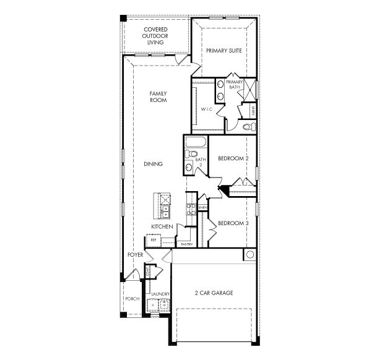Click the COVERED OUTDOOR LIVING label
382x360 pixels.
(156, 36)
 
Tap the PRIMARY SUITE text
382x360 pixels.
(224, 51)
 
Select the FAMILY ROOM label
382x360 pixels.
(158, 96)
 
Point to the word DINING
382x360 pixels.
(153, 164)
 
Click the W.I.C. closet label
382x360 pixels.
(206, 109)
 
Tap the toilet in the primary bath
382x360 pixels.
(248, 126)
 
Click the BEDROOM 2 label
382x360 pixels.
(233, 159)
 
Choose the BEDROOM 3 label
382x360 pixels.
(233, 223)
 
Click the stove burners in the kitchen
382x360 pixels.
(191, 212)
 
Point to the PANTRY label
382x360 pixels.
(186, 244)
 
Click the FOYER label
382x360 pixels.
(136, 255)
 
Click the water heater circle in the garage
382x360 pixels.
(250, 255)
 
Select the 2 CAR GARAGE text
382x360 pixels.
(214, 293)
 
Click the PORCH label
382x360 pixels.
(132, 298)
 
